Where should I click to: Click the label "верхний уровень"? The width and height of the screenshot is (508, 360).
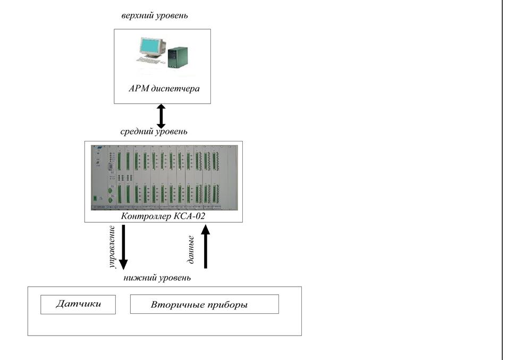pyautogui.click(x=155, y=16)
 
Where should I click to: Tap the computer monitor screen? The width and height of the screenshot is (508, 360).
pyautogui.click(x=151, y=46)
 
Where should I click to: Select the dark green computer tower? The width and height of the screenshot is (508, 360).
pyautogui.click(x=177, y=56)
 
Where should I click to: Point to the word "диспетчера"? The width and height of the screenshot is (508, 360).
pyautogui.click(x=177, y=88)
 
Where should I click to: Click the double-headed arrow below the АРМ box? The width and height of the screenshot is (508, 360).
pyautogui.click(x=161, y=116)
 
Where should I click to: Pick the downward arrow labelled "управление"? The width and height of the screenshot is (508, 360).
pyautogui.click(x=123, y=247)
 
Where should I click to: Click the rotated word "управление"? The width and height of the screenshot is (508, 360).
pyautogui.click(x=112, y=247)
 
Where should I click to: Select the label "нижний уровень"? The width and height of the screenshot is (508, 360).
pyautogui.click(x=157, y=278)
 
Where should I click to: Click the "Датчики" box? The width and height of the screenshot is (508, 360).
pyautogui.click(x=78, y=305)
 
